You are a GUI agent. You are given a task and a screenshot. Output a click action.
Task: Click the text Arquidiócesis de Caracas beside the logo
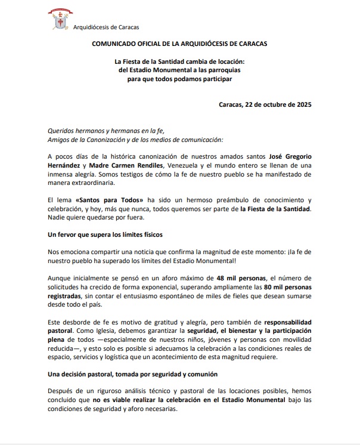[x=106, y=27]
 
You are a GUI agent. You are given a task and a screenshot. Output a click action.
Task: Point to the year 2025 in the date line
[x=301, y=105]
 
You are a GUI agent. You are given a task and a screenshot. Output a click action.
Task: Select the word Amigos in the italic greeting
[x=59, y=140]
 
